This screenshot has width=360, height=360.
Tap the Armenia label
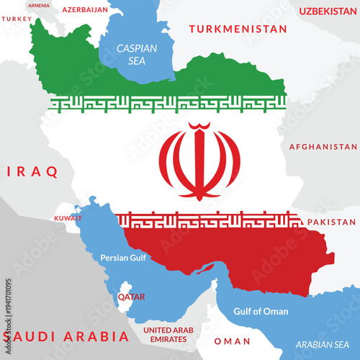pyautogui.click(x=39, y=5)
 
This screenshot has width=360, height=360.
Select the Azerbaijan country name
pyautogui.click(x=85, y=10)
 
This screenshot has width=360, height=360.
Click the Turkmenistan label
pyautogui.click(x=237, y=30)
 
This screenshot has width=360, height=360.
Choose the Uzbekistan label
pyautogui.click(x=328, y=11)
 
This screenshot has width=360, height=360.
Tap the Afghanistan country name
pyautogui.click(x=323, y=147)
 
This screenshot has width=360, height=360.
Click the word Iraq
pyautogui.click(x=32, y=172)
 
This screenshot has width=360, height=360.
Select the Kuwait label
pyautogui.click(x=68, y=217)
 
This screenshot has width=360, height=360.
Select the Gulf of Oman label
pyautogui.click(x=261, y=312)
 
